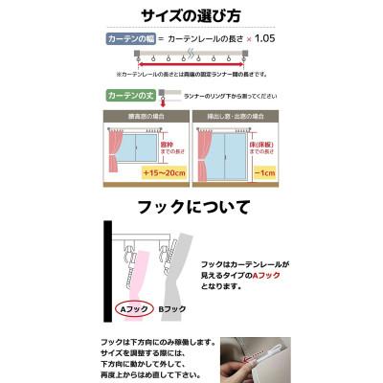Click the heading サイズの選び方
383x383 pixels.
click(x=191, y=16)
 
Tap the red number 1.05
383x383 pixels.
click(x=264, y=39)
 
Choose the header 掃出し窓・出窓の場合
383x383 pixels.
click(x=237, y=116)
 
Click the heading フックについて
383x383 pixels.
click(x=191, y=207)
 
